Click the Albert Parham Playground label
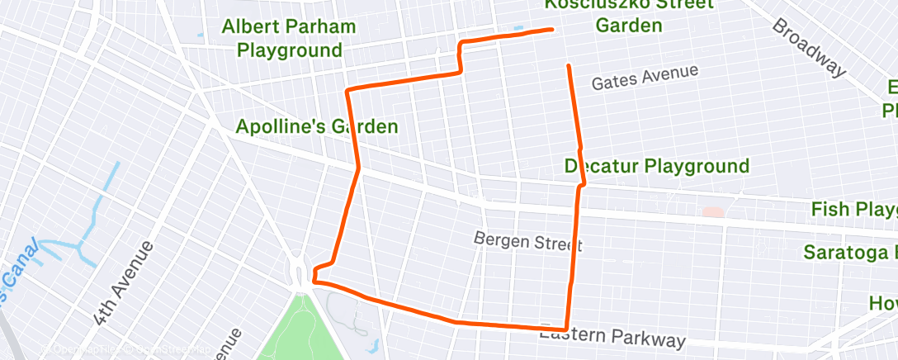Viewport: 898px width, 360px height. click(x=289, y=38)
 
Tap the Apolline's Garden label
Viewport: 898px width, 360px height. click(x=317, y=127)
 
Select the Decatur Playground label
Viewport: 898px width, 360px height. click(x=656, y=166)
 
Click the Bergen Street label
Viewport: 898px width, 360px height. click(x=528, y=241)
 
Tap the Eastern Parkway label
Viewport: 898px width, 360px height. click(x=612, y=335)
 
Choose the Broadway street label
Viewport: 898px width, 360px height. click(x=809, y=47)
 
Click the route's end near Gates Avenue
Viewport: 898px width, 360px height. click(x=568, y=65)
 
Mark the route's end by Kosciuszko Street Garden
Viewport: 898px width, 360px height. click(x=551, y=30)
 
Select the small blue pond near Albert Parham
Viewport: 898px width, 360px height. click(x=201, y=36)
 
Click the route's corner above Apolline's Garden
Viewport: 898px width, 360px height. click(x=347, y=88)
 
